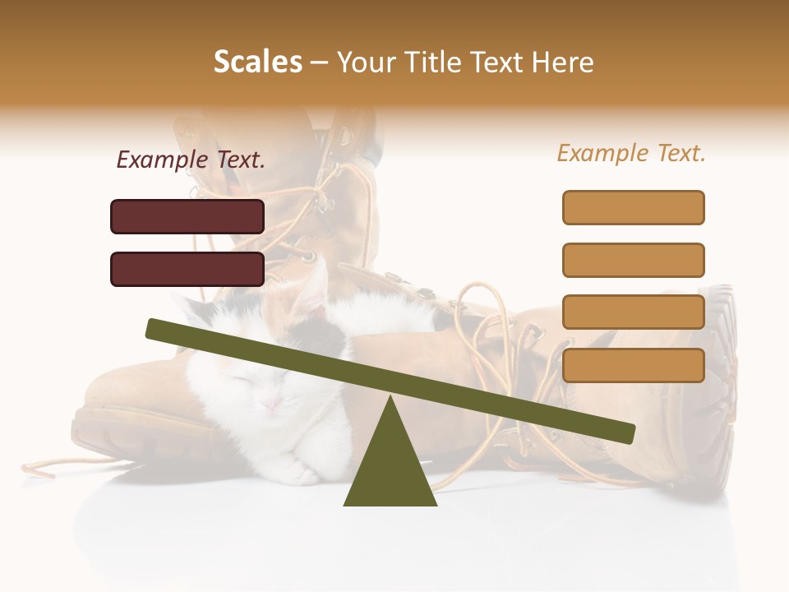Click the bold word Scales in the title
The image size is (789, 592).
258,62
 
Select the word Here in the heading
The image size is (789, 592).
561,62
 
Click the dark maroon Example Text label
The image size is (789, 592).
191,160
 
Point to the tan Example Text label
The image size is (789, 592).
631,153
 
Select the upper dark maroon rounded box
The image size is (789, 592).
187,216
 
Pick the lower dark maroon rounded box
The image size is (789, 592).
187,269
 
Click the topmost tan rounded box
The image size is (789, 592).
633,207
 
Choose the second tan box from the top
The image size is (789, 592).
633,260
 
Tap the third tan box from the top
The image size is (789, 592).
633,312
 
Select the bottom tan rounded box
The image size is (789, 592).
633,365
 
